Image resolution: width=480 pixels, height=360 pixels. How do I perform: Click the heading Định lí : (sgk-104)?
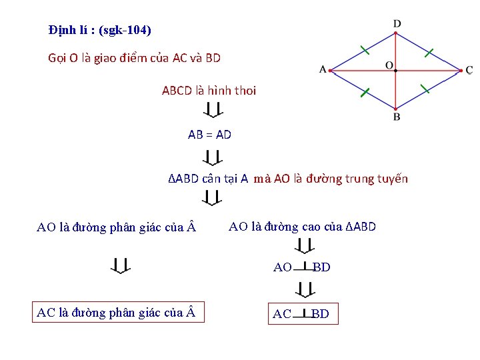[100, 30]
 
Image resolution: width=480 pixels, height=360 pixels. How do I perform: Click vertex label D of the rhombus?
[397, 24]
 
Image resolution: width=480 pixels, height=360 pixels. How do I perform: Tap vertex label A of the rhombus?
[323, 69]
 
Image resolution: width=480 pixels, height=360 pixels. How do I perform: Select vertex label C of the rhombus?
[469, 70]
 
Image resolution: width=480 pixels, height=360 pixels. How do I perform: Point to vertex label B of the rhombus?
[397, 117]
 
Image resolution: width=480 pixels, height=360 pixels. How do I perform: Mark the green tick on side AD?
[363, 49]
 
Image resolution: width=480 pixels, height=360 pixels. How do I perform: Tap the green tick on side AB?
[364, 93]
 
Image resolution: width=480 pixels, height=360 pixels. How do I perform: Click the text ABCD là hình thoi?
[209, 91]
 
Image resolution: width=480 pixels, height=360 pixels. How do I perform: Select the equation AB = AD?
[209, 135]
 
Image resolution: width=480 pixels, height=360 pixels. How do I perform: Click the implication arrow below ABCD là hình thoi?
[212, 110]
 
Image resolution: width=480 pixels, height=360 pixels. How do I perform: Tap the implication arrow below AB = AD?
[212, 158]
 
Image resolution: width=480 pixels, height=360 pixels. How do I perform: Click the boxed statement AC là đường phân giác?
[118, 312]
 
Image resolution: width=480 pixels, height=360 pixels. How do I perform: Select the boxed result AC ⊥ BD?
[301, 313]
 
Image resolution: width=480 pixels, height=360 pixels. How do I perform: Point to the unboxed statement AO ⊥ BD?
[301, 267]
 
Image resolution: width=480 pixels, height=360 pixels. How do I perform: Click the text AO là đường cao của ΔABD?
[302, 227]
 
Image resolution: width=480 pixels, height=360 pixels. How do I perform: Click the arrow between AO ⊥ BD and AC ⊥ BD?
[305, 290]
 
